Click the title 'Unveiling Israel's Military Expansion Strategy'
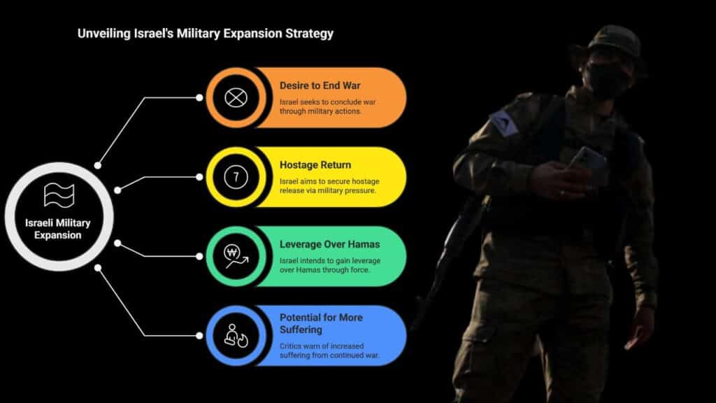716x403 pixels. pos(206,34)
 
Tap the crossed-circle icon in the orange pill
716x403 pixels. pos(236,98)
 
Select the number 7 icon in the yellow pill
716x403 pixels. pos(236,177)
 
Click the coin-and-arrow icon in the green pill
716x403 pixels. pos(236,256)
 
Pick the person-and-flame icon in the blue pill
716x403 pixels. pos(236,336)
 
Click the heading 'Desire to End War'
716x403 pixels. pos(320,85)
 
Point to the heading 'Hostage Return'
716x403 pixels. pos(315,165)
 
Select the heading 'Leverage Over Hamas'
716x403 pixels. pos(330,244)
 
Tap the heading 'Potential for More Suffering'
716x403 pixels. pos(321,323)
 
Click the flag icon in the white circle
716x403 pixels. pos(59,195)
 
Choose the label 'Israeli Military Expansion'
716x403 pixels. pos(58,229)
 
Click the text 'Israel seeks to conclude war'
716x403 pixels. pos(327,102)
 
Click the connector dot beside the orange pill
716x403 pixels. pos(199,98)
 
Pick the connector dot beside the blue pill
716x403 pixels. pos(199,336)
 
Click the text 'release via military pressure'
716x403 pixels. pos(328,190)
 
